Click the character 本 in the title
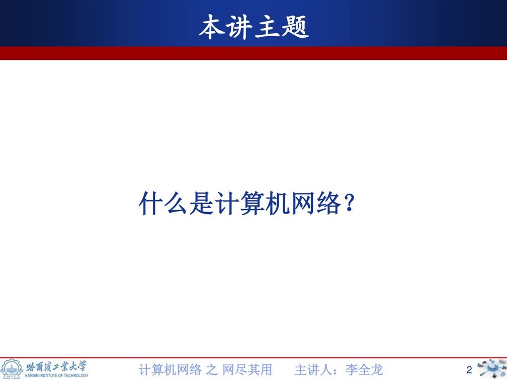pyautogui.click(x=211, y=27)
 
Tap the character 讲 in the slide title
pyautogui.click(x=239, y=27)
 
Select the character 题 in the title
pyautogui.click(x=296, y=27)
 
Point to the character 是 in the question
pyautogui.click(x=201, y=203)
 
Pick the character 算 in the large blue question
pyautogui.click(x=251, y=203)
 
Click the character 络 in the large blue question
pyautogui.click(x=328, y=203)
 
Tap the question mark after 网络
pyautogui.click(x=349, y=203)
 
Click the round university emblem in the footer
pyautogui.click(x=12, y=369)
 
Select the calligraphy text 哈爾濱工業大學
pyautogui.click(x=56, y=366)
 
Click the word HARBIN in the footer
pyautogui.click(x=31, y=375)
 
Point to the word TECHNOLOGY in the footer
pyautogui.click(x=76, y=375)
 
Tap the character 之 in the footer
pyautogui.click(x=212, y=369)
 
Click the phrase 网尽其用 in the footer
pyautogui.click(x=247, y=369)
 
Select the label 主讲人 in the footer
pyautogui.click(x=312, y=369)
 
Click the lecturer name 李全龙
pyautogui.click(x=364, y=369)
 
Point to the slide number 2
pyautogui.click(x=469, y=369)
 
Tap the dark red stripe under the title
pyautogui.click(x=253, y=53)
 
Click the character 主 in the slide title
pyautogui.click(x=268, y=27)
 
